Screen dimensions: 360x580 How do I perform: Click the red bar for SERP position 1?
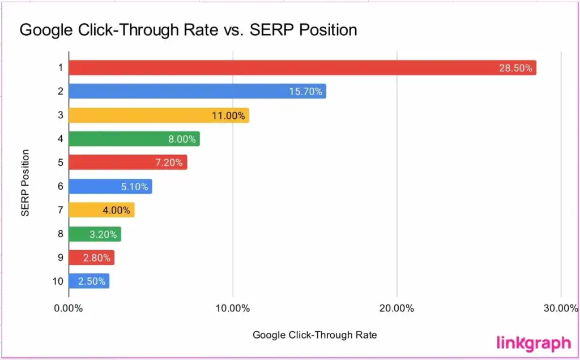tap(283, 68)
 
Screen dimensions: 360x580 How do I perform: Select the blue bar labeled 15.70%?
tap(187, 92)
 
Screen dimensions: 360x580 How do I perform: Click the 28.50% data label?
tap(515, 68)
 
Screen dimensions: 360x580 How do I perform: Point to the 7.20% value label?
tap(168, 163)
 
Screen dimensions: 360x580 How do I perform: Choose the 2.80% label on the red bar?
tap(97, 258)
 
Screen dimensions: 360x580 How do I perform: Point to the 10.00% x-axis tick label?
tap(233, 308)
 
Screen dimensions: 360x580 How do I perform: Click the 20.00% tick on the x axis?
tap(396, 308)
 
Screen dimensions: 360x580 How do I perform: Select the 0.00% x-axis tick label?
tap(69, 308)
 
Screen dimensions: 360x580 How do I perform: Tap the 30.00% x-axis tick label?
tap(560, 308)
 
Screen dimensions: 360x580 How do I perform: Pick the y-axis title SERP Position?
tap(25, 183)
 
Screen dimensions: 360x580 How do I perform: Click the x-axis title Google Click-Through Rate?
tap(314, 335)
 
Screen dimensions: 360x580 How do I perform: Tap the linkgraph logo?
tap(534, 342)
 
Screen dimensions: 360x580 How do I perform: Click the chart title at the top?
tap(188, 29)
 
